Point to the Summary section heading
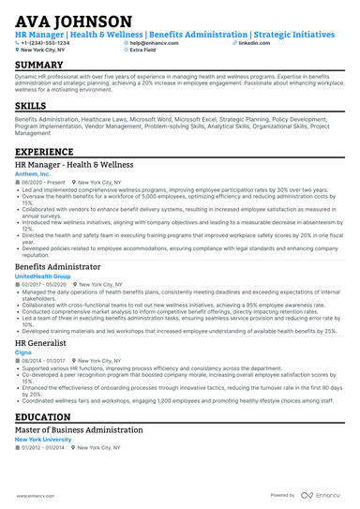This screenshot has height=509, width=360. coord(39,65)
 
